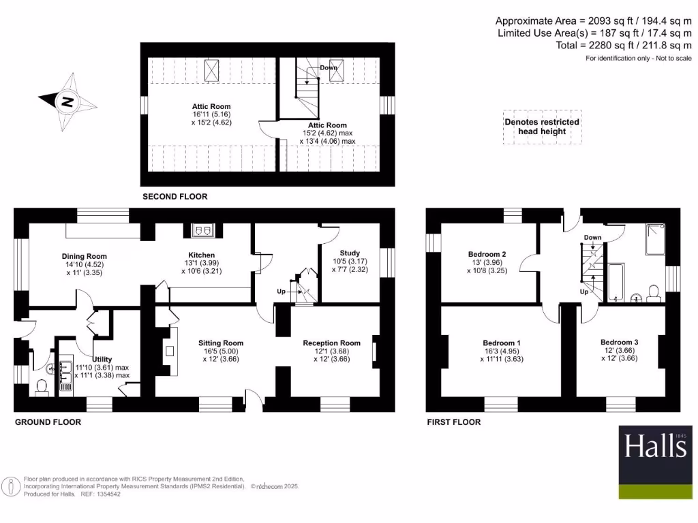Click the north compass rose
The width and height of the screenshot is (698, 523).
pos(67,103)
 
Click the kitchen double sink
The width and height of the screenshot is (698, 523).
pos(202,231)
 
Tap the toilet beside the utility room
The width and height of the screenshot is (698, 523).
pos(42,387)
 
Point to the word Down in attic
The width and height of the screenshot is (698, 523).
pos(329,67)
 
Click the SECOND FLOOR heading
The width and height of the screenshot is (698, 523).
pos(174,197)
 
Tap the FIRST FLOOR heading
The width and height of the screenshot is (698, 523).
pos(454,422)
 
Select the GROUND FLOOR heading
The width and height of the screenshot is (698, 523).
pos(48,422)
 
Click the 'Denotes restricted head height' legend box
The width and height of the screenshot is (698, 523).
pos(542,127)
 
